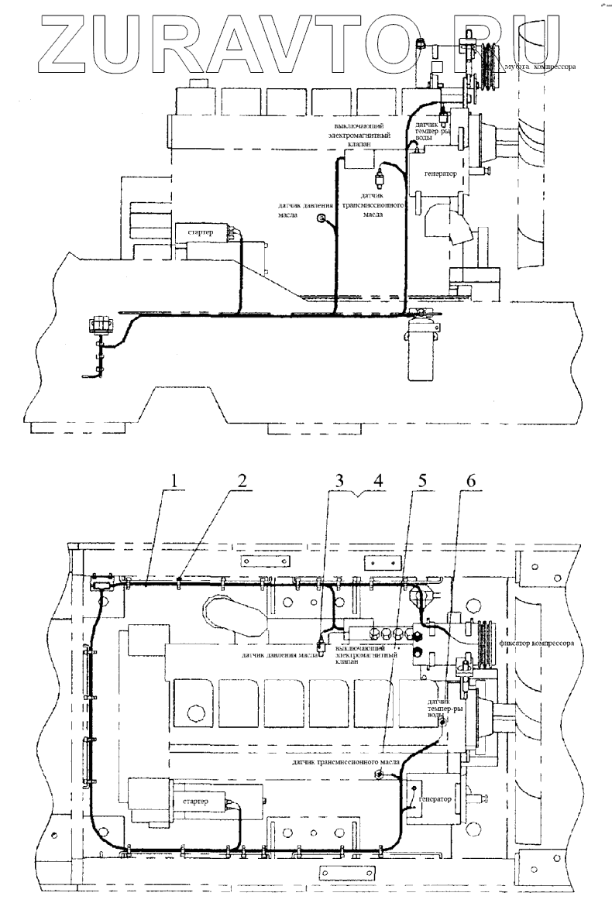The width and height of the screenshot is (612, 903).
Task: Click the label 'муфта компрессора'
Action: tap(541, 67)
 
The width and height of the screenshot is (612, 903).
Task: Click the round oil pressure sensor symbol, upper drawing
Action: tap(321, 221)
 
